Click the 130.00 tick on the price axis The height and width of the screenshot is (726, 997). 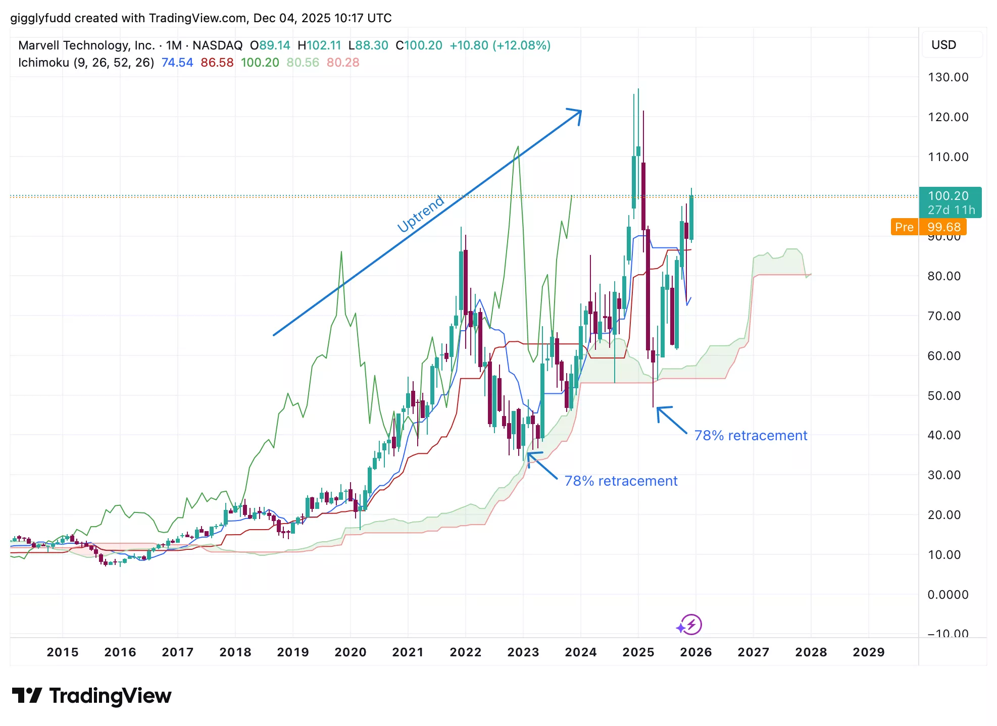tap(948, 77)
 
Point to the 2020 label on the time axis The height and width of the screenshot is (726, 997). tap(350, 652)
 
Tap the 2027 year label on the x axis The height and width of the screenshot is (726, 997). tap(753, 652)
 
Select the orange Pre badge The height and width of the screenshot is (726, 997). tap(904, 227)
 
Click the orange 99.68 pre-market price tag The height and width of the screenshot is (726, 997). tap(943, 227)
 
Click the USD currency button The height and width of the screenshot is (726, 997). tap(943, 45)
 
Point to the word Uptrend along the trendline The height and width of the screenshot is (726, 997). tap(421, 214)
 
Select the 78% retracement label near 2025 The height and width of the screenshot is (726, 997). tap(751, 435)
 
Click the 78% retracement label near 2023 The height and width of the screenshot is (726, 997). tap(621, 481)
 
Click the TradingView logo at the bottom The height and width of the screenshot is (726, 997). tap(91, 696)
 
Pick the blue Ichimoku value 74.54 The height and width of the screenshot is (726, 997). tap(177, 63)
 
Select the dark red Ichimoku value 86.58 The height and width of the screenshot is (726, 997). tap(217, 63)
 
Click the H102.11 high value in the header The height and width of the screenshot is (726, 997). tap(319, 45)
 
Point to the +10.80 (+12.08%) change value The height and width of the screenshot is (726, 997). tap(500, 45)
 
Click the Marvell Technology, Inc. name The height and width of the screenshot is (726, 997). tap(86, 45)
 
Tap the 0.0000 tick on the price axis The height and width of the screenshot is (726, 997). tap(948, 595)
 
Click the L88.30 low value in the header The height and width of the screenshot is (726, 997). tap(368, 45)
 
